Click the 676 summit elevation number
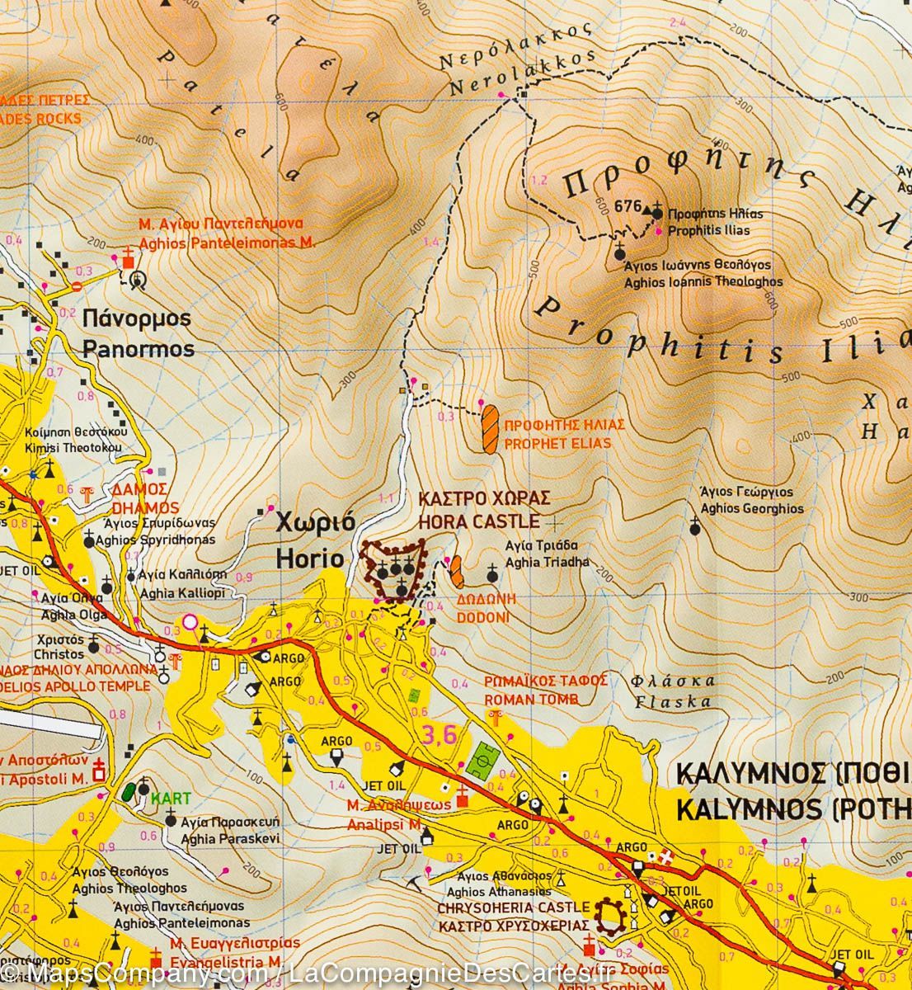click(x=627, y=206)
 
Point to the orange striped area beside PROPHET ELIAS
click(x=490, y=428)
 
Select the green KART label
click(x=171, y=798)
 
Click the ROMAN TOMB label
click(x=531, y=699)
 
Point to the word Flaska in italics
click(x=681, y=702)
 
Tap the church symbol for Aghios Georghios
click(x=695, y=528)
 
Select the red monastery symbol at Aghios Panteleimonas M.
click(x=128, y=259)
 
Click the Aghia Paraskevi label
click(x=233, y=838)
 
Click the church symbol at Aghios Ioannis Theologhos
click(x=620, y=252)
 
